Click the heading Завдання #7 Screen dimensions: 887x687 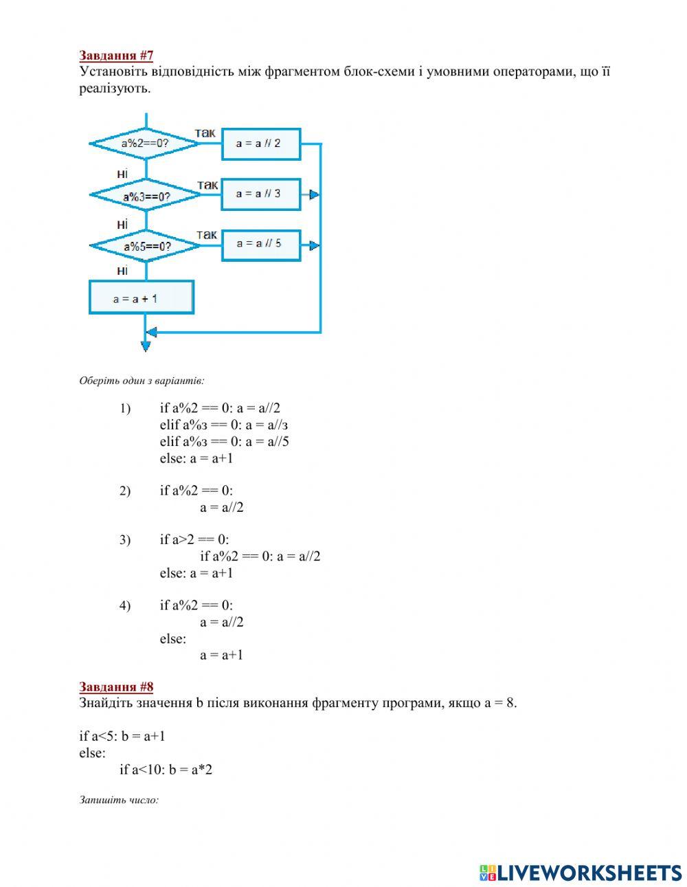116,56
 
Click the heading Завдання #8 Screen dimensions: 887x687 116,686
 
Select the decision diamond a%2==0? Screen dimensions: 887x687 145,144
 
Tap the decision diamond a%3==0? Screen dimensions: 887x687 146,196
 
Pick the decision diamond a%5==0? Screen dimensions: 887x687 146,246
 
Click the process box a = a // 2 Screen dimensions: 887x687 260,144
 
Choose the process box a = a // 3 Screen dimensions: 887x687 260,194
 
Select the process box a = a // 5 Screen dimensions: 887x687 260,245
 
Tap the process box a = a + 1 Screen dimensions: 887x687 141,298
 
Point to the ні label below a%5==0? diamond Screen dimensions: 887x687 122,271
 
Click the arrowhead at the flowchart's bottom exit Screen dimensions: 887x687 146,346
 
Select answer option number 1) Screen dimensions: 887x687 124,409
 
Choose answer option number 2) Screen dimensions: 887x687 124,491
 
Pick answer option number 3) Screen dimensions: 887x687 124,540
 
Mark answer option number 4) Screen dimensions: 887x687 124,606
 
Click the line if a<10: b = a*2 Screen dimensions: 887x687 166,770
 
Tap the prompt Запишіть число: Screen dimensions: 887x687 119,800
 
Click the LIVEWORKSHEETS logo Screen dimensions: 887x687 581,873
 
